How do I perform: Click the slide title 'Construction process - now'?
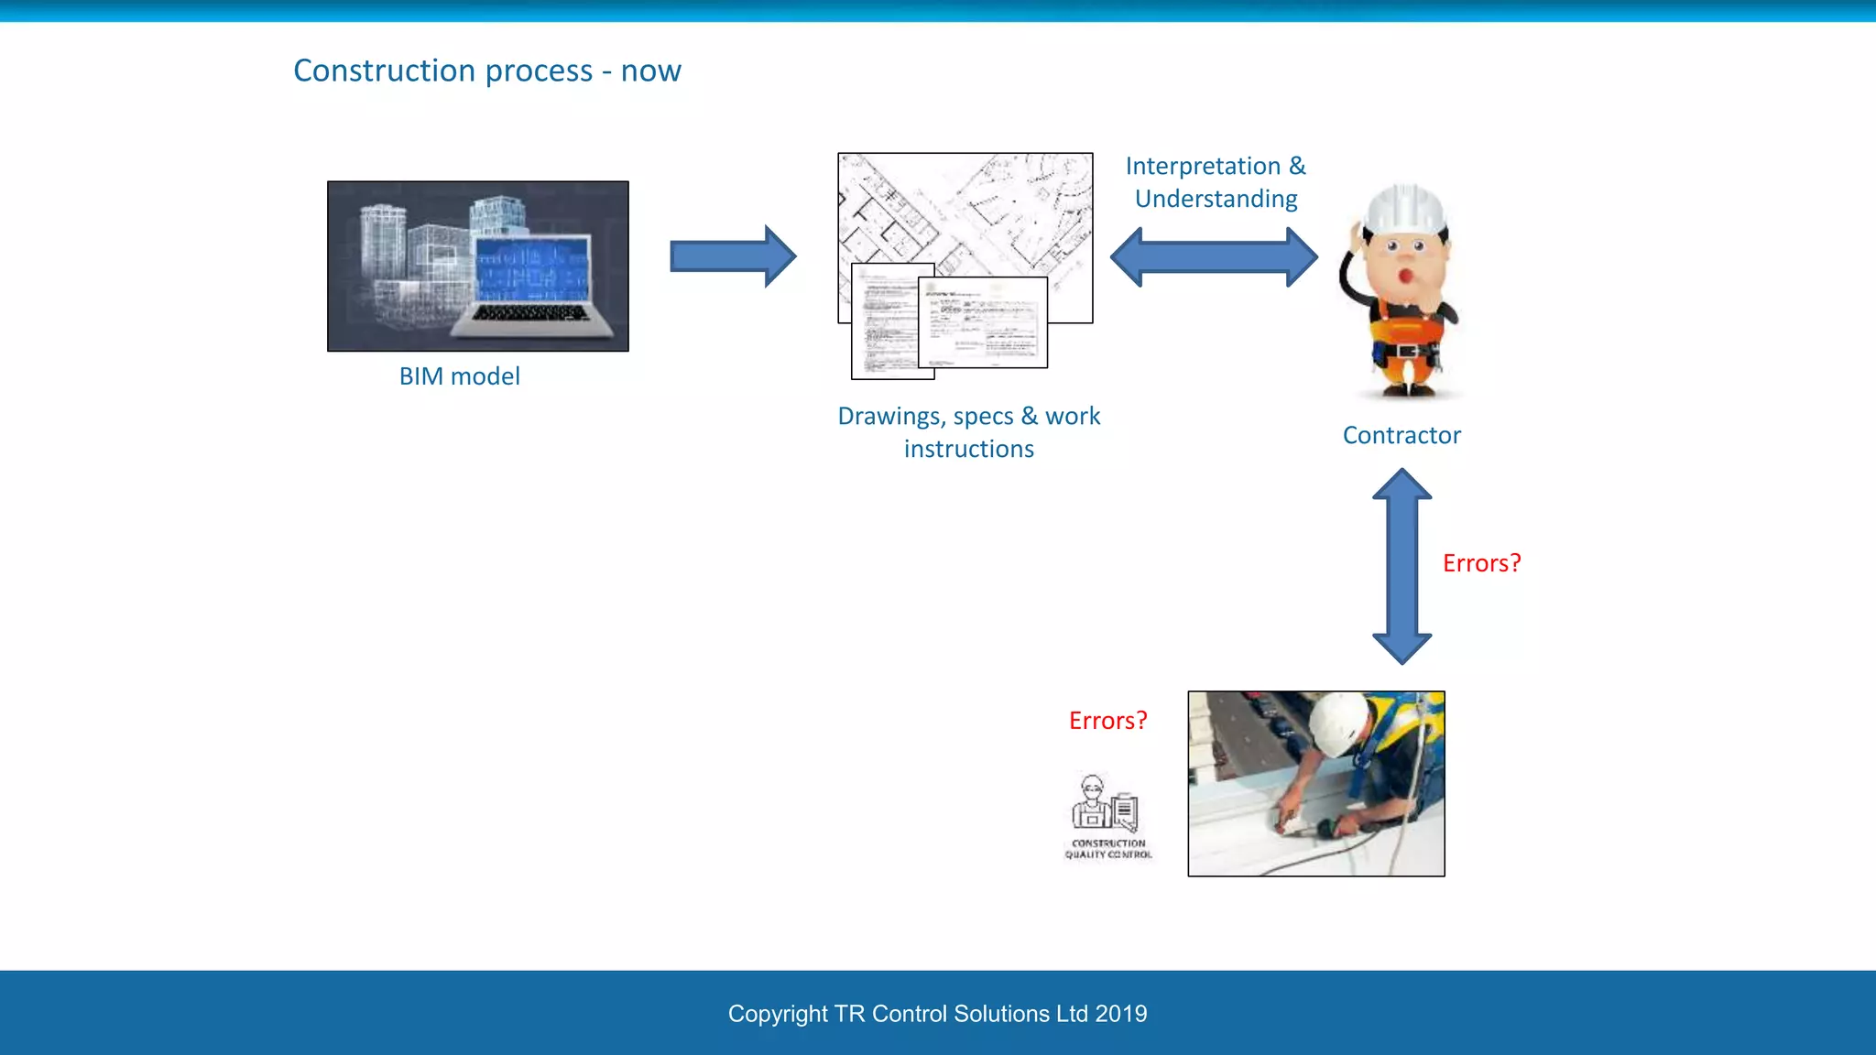pyautogui.click(x=486, y=71)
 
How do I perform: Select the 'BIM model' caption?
pyautogui.click(x=459, y=376)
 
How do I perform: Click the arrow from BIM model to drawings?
pyautogui.click(x=732, y=256)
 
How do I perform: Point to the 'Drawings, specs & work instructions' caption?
pyautogui.click(x=968, y=431)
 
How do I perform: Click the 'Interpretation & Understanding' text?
pyautogui.click(x=1216, y=182)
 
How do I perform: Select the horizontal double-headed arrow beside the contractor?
pyautogui.click(x=1214, y=257)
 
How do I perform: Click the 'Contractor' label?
pyautogui.click(x=1401, y=435)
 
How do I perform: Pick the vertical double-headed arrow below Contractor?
pyautogui.click(x=1402, y=566)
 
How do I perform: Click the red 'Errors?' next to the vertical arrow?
pyautogui.click(x=1481, y=563)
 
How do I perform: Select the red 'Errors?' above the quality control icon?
pyautogui.click(x=1107, y=721)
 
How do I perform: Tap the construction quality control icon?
pyautogui.click(x=1107, y=816)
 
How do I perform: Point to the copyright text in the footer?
pyautogui.click(x=936, y=1014)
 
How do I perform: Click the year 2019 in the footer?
pyautogui.click(x=1121, y=1014)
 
